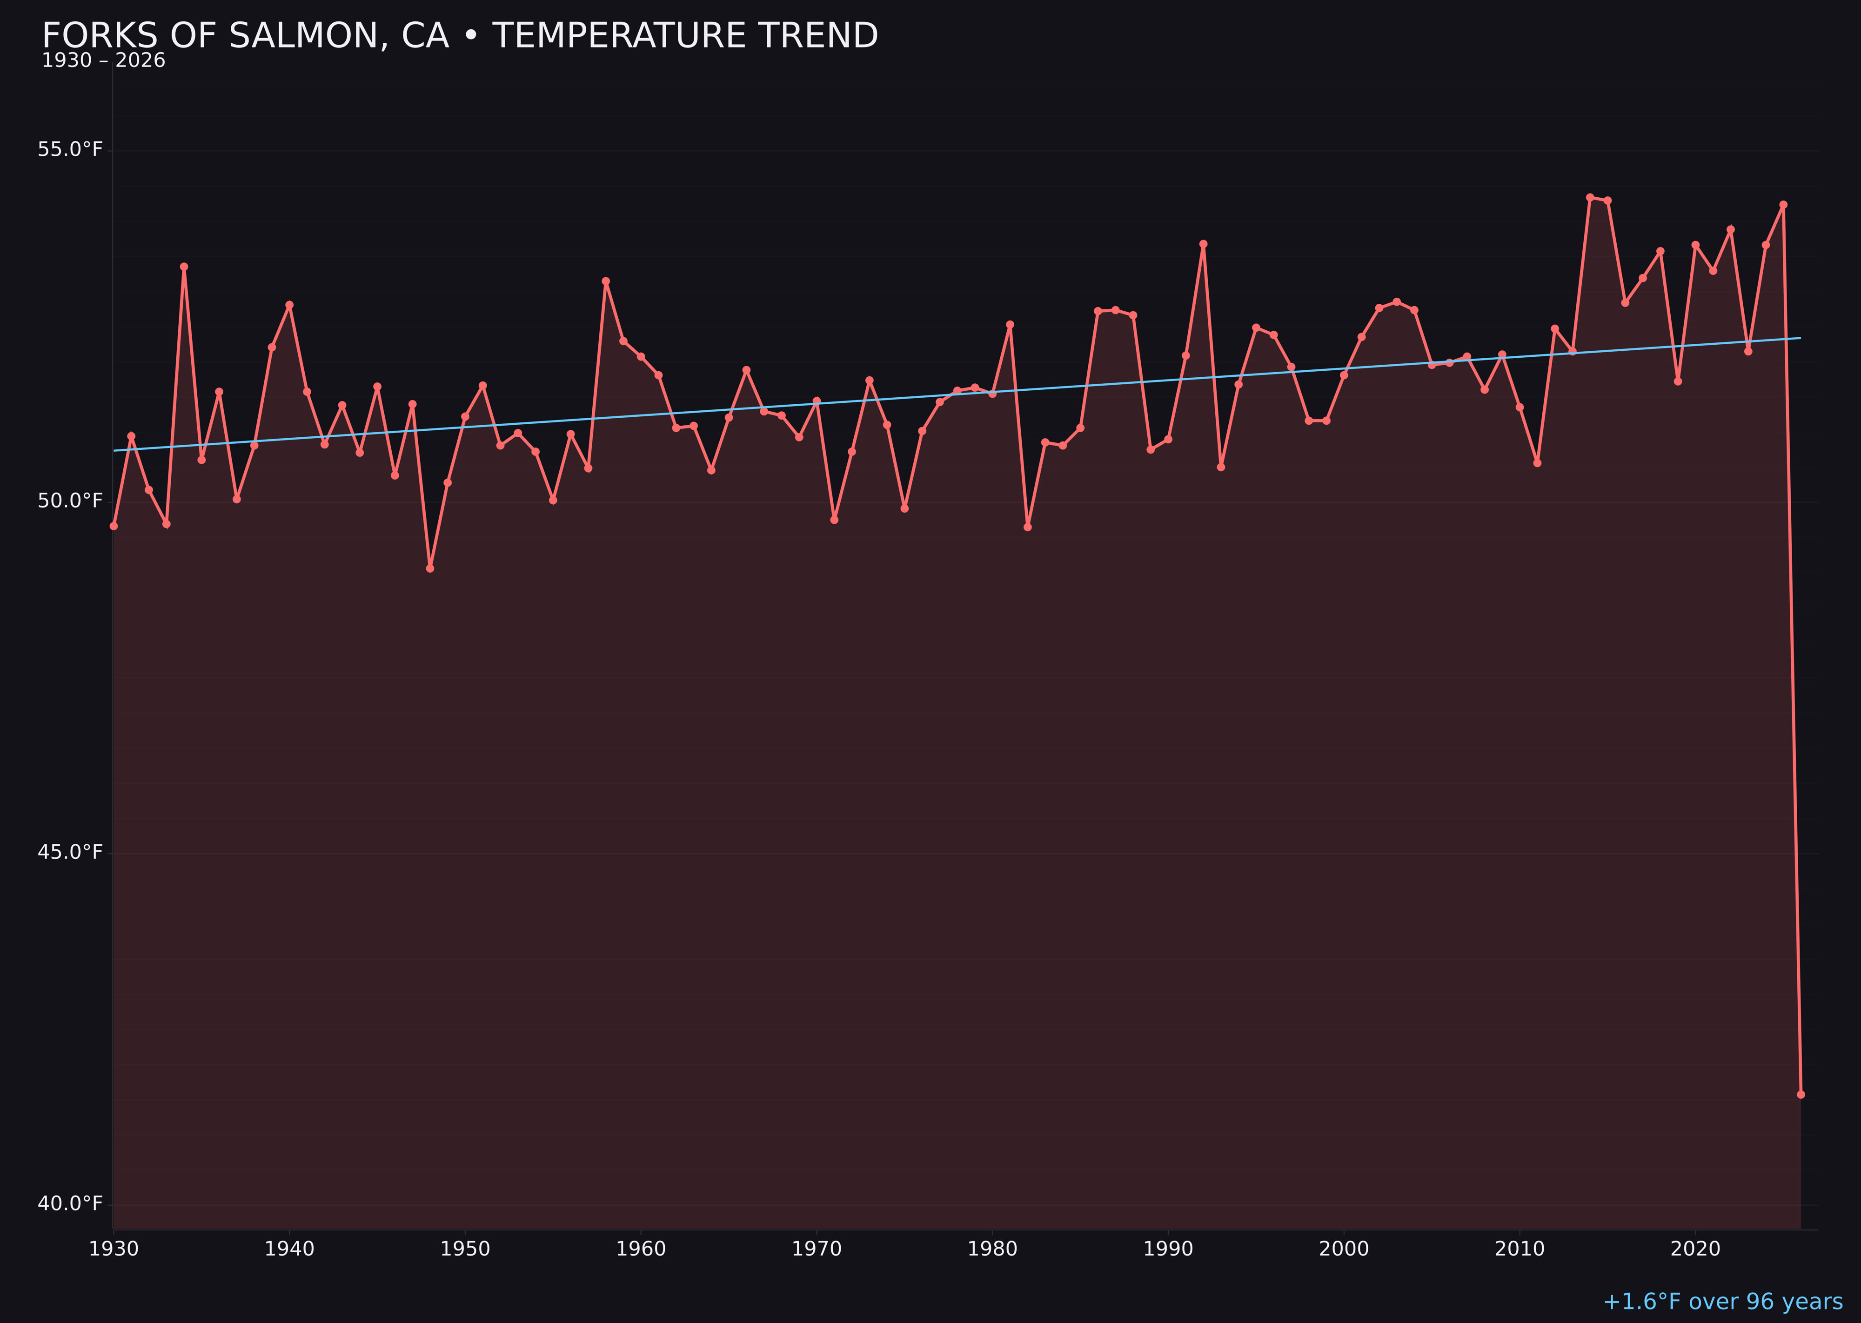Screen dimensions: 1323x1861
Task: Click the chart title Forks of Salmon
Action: (x=460, y=36)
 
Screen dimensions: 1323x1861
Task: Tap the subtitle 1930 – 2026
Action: (x=103, y=61)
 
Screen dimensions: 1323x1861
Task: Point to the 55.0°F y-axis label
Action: (x=70, y=150)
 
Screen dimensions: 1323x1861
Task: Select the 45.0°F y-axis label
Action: (x=70, y=852)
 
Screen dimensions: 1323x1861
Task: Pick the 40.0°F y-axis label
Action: (x=70, y=1203)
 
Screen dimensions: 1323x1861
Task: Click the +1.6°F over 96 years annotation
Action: (x=1722, y=1302)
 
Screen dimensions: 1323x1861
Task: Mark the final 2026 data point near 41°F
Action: (x=1801, y=1094)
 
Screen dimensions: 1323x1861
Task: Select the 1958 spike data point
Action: (x=605, y=281)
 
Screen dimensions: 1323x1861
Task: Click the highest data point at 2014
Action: (x=1590, y=197)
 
